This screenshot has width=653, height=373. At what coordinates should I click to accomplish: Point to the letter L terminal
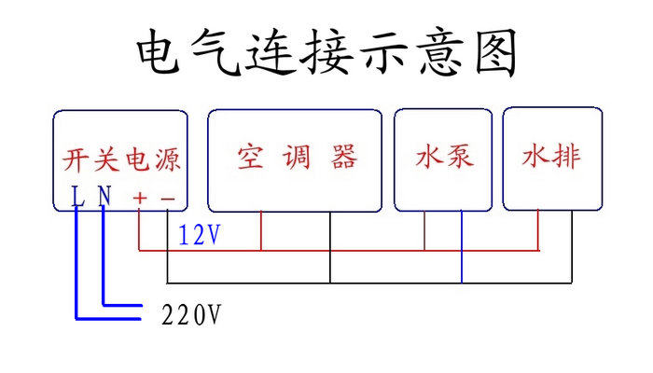77,197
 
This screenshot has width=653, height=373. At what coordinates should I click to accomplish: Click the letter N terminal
104,197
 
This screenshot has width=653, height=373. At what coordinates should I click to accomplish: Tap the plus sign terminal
140,198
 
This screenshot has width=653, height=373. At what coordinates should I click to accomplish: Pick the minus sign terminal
167,198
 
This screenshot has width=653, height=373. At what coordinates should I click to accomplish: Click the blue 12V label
200,236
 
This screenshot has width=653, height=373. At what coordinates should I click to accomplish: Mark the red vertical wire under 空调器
261,231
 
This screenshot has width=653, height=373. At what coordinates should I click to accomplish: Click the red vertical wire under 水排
538,231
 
